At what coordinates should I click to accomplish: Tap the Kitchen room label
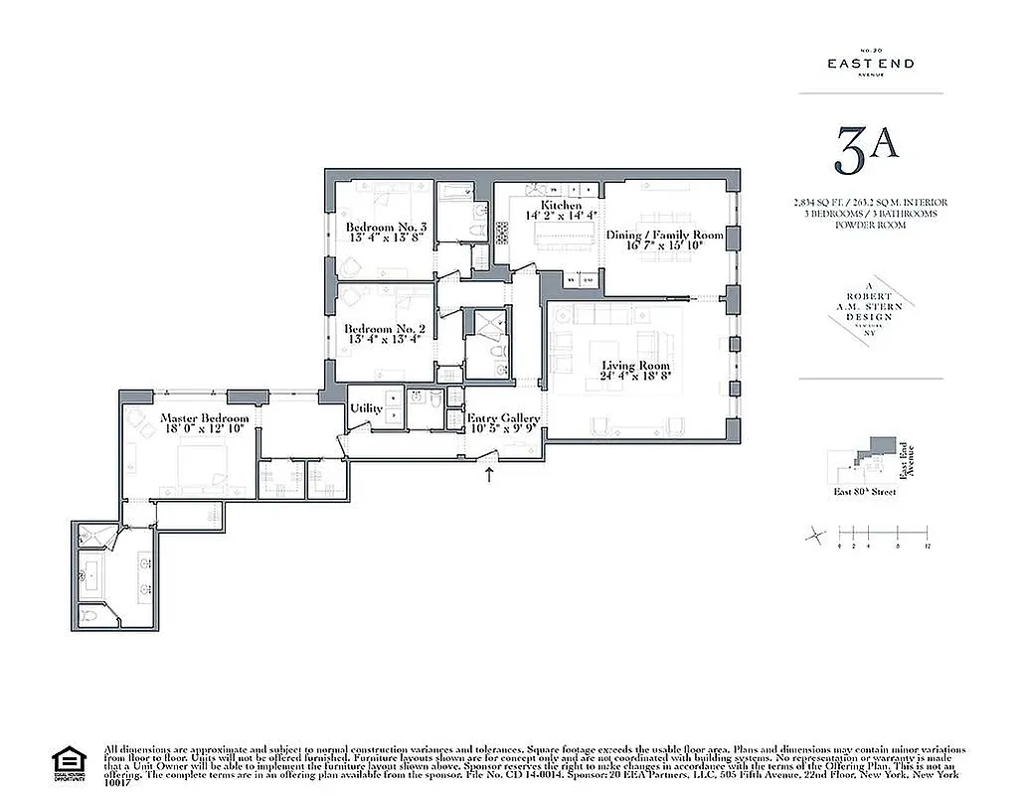562,206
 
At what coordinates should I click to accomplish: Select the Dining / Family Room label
665,235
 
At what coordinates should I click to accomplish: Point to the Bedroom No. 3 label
387,228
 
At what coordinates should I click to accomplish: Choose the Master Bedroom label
205,418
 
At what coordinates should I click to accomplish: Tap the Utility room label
366,408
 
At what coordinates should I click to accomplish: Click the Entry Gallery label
503,418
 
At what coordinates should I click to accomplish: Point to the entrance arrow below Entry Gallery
489,475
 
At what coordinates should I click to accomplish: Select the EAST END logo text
871,64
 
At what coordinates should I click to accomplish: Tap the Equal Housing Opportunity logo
66,761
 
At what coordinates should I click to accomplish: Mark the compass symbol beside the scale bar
814,536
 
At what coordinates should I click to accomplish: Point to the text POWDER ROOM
870,225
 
